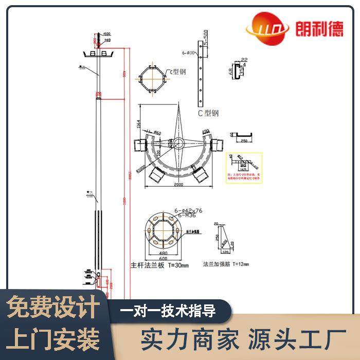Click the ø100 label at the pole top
[107, 34]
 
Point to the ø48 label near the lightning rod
[107, 40]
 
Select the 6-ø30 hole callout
[187, 52]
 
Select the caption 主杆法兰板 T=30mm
[160, 266]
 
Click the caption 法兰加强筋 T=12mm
[226, 265]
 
